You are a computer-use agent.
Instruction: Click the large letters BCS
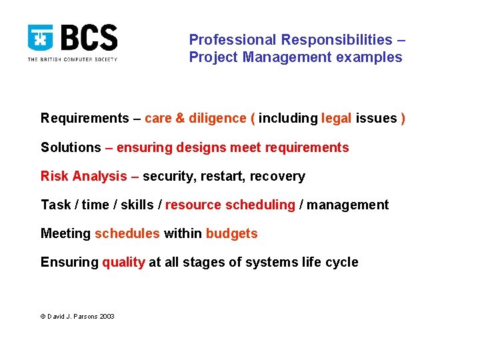tap(88, 38)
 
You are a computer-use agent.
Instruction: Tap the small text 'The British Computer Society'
tap(72, 59)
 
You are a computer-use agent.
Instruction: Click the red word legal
tap(336, 119)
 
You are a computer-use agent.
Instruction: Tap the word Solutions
tap(71, 147)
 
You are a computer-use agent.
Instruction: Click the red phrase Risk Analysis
tap(84, 177)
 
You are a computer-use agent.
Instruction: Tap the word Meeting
tap(65, 234)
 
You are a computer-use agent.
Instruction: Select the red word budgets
tap(231, 234)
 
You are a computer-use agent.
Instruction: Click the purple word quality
tap(123, 263)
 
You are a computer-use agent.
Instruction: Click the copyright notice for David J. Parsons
tap(77, 316)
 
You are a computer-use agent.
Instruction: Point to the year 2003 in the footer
tap(107, 316)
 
